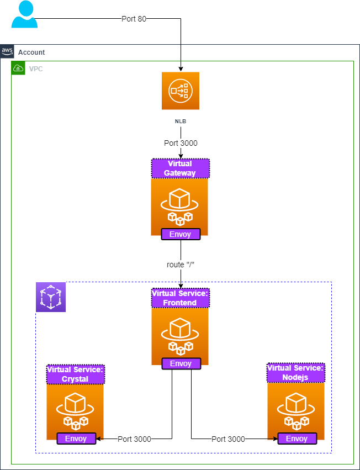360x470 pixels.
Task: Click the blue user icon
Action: pyautogui.click(x=25, y=14)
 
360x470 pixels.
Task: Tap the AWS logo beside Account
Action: pyautogui.click(x=7, y=51)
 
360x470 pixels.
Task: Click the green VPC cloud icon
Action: pyautogui.click(x=18, y=68)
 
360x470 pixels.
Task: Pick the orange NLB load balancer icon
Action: pyautogui.click(x=180, y=91)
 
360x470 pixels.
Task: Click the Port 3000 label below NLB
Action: pyautogui.click(x=181, y=143)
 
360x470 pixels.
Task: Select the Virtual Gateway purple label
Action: pyautogui.click(x=180, y=168)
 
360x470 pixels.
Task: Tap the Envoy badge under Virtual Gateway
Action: pyautogui.click(x=180, y=234)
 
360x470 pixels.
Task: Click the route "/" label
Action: pyautogui.click(x=181, y=265)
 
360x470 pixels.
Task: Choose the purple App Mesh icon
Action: pyautogui.click(x=51, y=297)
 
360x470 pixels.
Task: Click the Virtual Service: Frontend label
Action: pyautogui.click(x=180, y=298)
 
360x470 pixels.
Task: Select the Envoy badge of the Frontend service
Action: pyautogui.click(x=181, y=363)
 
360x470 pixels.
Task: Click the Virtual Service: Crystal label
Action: pyautogui.click(x=75, y=374)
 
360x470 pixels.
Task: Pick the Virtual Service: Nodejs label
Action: pyautogui.click(x=295, y=373)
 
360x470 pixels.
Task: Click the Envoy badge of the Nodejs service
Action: pyautogui.click(x=297, y=439)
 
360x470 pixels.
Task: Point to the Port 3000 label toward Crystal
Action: pyautogui.click(x=135, y=439)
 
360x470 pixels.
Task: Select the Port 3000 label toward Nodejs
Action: pyautogui.click(x=228, y=439)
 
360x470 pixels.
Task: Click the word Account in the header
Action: pyautogui.click(x=31, y=52)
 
